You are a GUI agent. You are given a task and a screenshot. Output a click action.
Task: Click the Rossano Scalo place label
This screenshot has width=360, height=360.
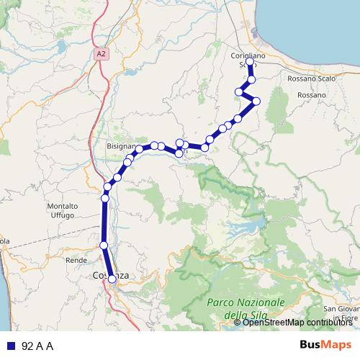[308, 78]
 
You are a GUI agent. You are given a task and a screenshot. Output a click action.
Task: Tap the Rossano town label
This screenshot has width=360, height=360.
[311, 95]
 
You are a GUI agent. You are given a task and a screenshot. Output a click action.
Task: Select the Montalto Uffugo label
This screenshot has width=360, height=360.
[63, 210]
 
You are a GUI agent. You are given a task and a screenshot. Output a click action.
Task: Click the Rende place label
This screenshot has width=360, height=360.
[76, 259]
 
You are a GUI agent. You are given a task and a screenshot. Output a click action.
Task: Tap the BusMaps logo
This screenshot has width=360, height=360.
[326, 346]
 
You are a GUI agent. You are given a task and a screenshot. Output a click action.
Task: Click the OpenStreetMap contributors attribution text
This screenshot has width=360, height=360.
[297, 323]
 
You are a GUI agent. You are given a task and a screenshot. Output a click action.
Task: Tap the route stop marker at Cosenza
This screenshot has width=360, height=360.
[112, 279]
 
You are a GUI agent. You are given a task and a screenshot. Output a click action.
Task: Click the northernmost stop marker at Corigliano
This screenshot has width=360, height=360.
[249, 62]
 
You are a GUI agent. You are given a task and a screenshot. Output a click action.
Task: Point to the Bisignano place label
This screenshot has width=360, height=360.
[121, 145]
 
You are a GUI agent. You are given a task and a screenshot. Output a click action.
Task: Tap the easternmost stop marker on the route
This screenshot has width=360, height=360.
[256, 101]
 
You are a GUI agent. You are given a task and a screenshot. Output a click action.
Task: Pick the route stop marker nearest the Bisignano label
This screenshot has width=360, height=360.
[138, 150]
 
